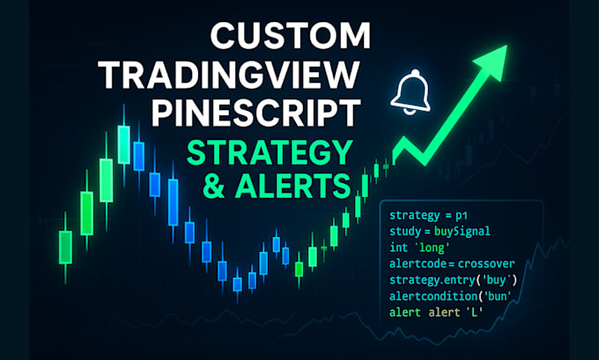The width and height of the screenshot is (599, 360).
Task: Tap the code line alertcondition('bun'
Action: tap(451, 297)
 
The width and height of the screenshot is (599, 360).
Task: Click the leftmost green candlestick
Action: tap(64, 246)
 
